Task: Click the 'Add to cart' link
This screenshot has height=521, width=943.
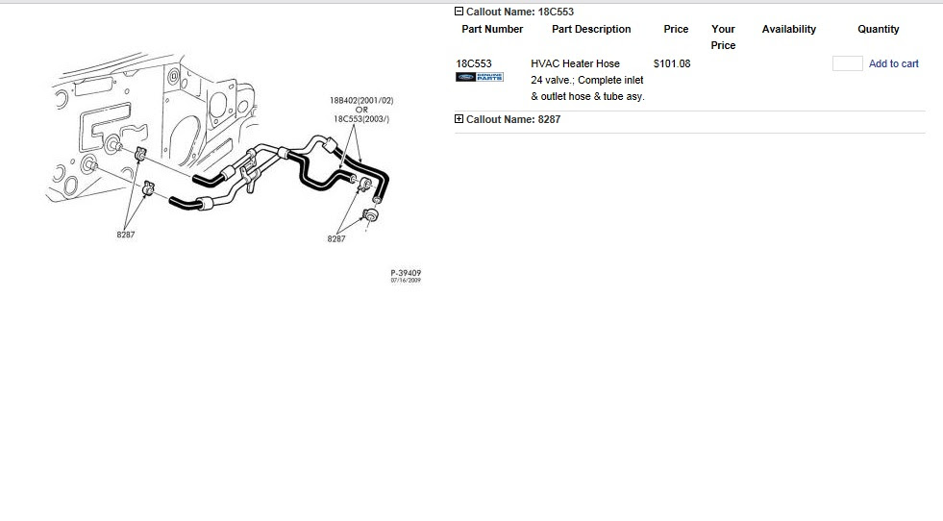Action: tap(893, 64)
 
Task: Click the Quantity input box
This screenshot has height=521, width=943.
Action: tap(847, 63)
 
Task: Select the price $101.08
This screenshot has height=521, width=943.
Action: tap(671, 64)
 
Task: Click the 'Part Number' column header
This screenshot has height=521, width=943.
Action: tap(492, 30)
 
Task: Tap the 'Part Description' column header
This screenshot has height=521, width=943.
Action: tap(591, 30)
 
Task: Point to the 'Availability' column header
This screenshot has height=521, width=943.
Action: tap(788, 30)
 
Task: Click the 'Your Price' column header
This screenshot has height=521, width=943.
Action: tap(723, 37)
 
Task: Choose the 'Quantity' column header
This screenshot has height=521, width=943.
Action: tap(878, 30)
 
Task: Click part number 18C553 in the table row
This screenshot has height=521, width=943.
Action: tap(473, 64)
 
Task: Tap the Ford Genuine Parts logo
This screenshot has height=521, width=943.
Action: tap(480, 78)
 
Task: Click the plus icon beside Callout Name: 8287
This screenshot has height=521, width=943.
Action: tap(459, 119)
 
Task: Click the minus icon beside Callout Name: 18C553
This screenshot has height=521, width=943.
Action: tap(459, 12)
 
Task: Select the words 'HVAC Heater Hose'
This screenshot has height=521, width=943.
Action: tap(575, 64)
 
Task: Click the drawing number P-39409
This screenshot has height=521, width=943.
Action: tap(406, 273)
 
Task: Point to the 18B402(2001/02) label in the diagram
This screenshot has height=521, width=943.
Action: tap(361, 100)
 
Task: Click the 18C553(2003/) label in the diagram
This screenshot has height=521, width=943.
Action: tap(361, 119)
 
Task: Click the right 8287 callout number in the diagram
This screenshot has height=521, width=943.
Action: tap(335, 238)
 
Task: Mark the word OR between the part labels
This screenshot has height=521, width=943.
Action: tap(361, 110)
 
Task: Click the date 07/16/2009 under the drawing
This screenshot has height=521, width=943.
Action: tap(406, 281)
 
